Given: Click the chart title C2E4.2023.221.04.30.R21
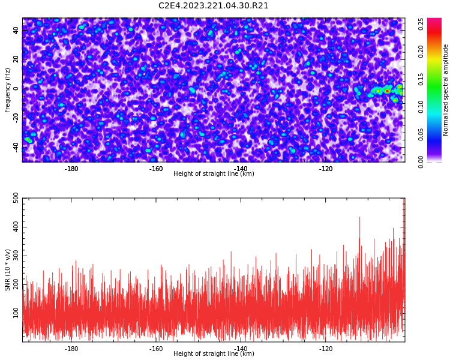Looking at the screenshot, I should [x=214, y=6].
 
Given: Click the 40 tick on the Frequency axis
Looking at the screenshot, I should [x=16, y=31].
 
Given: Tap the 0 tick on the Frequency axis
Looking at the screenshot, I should [x=16, y=88].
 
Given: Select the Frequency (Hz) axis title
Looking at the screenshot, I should [x=8, y=89].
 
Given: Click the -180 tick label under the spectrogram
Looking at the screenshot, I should [x=71, y=169].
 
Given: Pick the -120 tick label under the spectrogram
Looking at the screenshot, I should [x=326, y=169].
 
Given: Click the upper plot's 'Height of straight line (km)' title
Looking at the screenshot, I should [x=214, y=174].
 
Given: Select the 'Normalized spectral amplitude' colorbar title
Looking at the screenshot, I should [x=446, y=89].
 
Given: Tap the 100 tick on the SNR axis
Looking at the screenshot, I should [x=12, y=313].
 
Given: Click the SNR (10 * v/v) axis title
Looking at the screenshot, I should [x=8, y=270].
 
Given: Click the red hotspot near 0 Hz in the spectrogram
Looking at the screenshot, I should [x=387, y=91].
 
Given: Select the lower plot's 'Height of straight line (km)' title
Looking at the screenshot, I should [x=214, y=354].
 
